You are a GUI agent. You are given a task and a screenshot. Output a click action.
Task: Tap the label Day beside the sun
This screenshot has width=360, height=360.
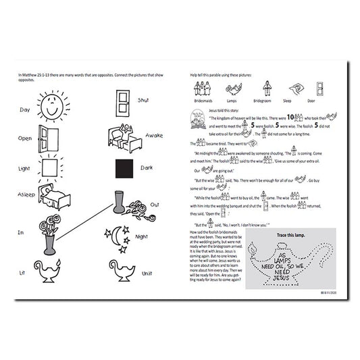tap(24, 109)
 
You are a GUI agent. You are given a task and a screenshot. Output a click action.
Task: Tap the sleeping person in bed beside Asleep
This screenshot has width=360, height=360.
tap(51, 197)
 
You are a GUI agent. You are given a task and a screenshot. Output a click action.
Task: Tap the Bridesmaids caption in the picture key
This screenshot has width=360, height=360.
tap(203, 99)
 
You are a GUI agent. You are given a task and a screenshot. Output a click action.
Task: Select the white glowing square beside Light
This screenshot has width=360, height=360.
tap(49, 167)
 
